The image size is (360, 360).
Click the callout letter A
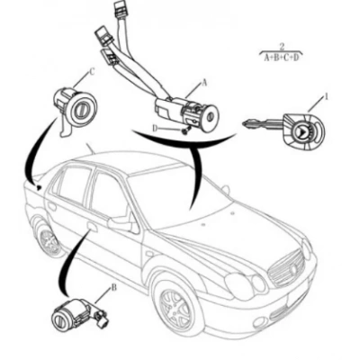coord(204,81)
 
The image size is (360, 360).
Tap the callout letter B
coord(113,288)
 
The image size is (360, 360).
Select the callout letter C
coord(91,73)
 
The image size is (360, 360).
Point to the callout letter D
coord(155,128)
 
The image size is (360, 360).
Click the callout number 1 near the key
coord(326,95)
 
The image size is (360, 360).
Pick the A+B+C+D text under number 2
coord(283,57)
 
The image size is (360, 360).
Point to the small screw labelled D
coord(184,131)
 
